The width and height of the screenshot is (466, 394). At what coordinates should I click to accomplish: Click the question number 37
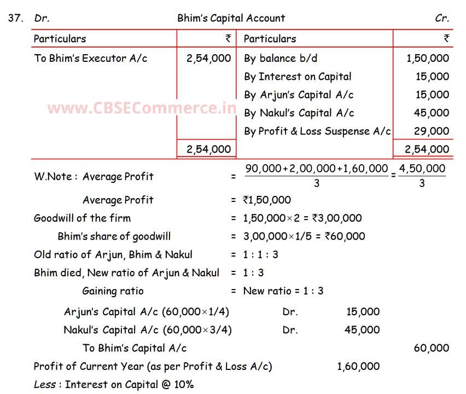tap(16, 18)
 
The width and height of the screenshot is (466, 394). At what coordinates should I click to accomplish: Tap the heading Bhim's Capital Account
tap(231, 18)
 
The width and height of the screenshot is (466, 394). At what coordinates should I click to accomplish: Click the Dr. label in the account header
tap(42, 18)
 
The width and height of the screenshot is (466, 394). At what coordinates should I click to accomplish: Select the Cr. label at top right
tap(442, 18)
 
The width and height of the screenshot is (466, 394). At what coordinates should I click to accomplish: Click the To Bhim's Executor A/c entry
tap(90, 59)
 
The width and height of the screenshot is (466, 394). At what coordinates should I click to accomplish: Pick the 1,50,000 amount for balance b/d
tap(428, 59)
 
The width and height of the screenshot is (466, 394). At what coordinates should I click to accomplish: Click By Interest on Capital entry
tap(298, 77)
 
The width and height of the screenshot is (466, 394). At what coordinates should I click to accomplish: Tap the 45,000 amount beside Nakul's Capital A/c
tap(432, 113)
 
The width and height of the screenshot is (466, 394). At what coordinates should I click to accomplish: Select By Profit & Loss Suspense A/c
tap(317, 131)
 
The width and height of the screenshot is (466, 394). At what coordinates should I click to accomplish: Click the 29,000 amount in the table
tap(432, 131)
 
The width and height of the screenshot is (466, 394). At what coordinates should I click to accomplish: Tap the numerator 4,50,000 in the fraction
tap(422, 169)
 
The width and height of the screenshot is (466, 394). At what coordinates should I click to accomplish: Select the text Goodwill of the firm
tap(82, 218)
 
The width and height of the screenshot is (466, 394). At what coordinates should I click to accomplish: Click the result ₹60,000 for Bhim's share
tap(345, 236)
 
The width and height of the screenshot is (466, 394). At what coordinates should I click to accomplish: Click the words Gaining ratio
tap(113, 291)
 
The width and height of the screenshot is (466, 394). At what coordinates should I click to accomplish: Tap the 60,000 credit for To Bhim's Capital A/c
tap(432, 348)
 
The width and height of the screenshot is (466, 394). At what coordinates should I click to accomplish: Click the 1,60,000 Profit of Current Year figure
tap(358, 366)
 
